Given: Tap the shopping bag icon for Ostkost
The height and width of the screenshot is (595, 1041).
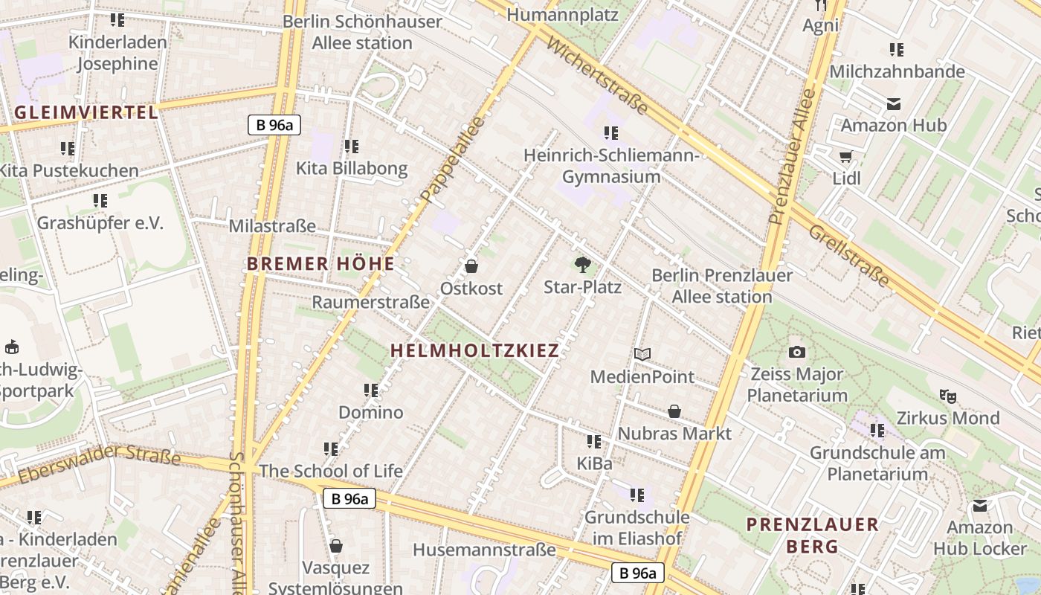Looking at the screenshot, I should pos(471,266).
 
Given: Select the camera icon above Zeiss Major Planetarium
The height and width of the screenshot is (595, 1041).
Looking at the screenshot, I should pos(797,352).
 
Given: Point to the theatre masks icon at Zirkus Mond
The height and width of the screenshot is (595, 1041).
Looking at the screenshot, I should pos(947,396).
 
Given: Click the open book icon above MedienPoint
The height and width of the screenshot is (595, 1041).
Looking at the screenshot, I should pos(642,355).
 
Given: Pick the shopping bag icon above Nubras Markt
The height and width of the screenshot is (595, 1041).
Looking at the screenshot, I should pos(674,411).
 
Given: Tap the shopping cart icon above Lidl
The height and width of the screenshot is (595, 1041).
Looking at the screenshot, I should pos(845,156).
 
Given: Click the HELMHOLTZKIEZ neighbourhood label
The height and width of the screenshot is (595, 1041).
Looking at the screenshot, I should pos(474,351).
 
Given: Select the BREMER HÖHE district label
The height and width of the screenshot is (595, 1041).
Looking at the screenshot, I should pos(320,264).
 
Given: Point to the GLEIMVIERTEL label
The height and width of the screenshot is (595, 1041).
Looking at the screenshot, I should pos(86,113).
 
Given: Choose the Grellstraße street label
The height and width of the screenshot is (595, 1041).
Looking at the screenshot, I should pos(848,255).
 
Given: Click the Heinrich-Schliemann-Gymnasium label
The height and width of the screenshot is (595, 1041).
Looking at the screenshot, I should pos(611,166).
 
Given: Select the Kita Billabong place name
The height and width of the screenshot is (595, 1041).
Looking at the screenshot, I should pos(352,168).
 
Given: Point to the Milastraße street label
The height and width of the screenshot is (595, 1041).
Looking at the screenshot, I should pos(272,226).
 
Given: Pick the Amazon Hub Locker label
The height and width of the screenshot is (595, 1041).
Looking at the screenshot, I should pos(980,538).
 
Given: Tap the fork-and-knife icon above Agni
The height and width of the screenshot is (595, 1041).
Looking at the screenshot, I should pos(821,4).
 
